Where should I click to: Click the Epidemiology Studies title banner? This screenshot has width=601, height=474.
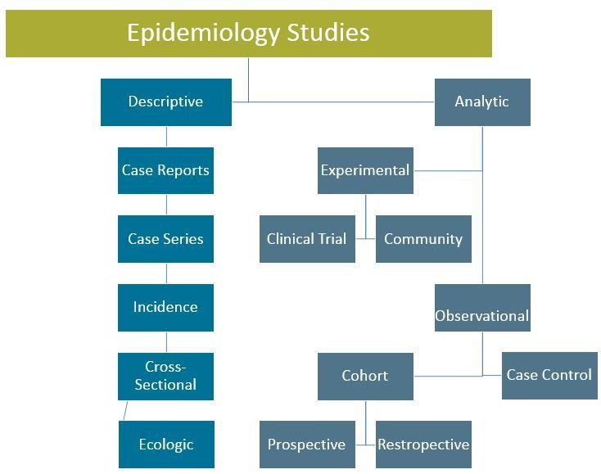click(x=248, y=34)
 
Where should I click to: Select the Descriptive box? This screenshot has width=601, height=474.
click(x=165, y=102)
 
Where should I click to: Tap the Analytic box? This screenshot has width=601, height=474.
click(x=482, y=102)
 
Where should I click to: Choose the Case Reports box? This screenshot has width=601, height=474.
click(x=165, y=170)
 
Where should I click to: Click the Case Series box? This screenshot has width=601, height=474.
click(x=165, y=239)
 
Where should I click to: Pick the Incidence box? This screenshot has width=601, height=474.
click(x=165, y=307)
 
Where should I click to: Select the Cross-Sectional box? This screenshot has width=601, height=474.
click(x=165, y=376)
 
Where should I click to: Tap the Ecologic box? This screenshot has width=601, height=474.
click(x=165, y=445)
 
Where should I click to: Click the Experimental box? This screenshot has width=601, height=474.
click(x=365, y=170)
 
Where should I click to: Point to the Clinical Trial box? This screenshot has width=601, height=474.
click(x=307, y=239)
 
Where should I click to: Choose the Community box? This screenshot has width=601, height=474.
click(x=423, y=239)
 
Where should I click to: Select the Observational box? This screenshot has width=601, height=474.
click(x=482, y=315)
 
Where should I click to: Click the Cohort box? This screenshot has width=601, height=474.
click(x=365, y=376)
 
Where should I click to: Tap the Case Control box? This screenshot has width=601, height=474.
click(x=549, y=375)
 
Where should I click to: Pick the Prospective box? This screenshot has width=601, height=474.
click(x=307, y=445)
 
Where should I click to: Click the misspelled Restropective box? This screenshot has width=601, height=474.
click(x=423, y=445)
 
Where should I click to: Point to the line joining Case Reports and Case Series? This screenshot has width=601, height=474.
click(x=166, y=205)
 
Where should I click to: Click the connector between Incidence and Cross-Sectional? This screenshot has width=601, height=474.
click(x=166, y=341)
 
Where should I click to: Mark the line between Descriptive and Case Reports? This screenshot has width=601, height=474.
click(x=166, y=137)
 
